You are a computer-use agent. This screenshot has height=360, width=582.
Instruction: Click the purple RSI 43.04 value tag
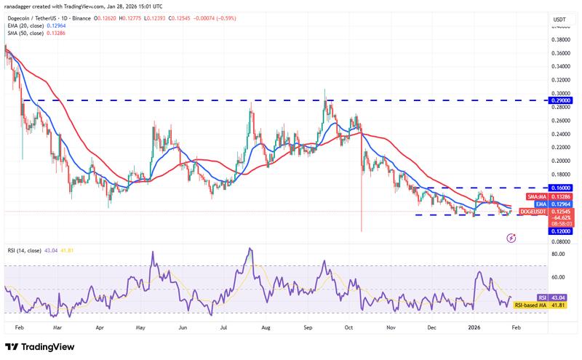559,297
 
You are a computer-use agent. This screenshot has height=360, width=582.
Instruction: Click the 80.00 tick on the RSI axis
560,254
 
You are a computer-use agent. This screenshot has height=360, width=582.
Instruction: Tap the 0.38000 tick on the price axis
560,39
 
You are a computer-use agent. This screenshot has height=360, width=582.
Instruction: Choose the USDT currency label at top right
560,20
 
